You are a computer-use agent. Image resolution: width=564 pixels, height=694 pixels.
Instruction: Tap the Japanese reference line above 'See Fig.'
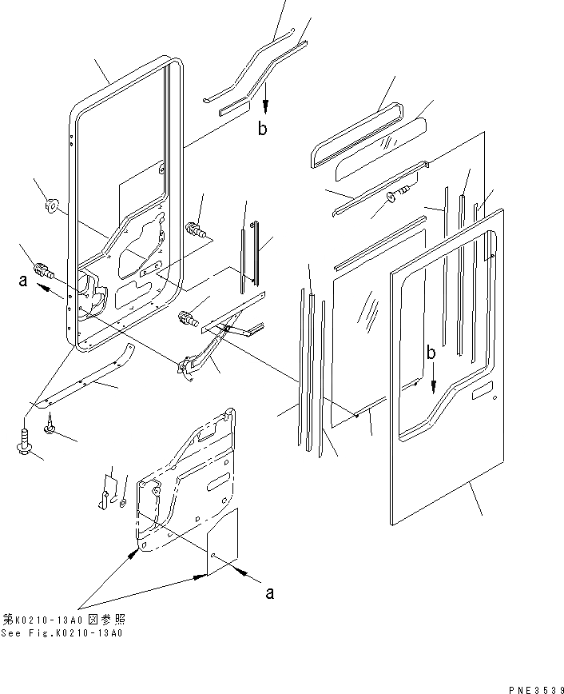(x=64, y=620)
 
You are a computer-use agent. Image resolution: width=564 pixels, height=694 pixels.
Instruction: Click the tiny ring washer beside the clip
(x=121, y=502)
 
